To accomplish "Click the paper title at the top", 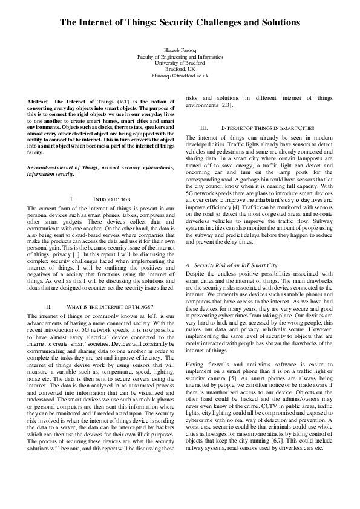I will (180, 22).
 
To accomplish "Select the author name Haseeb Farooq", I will (180, 48).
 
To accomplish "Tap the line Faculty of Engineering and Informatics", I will (180, 55).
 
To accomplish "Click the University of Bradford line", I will (180, 62).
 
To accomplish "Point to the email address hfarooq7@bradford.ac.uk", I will (180, 76).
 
